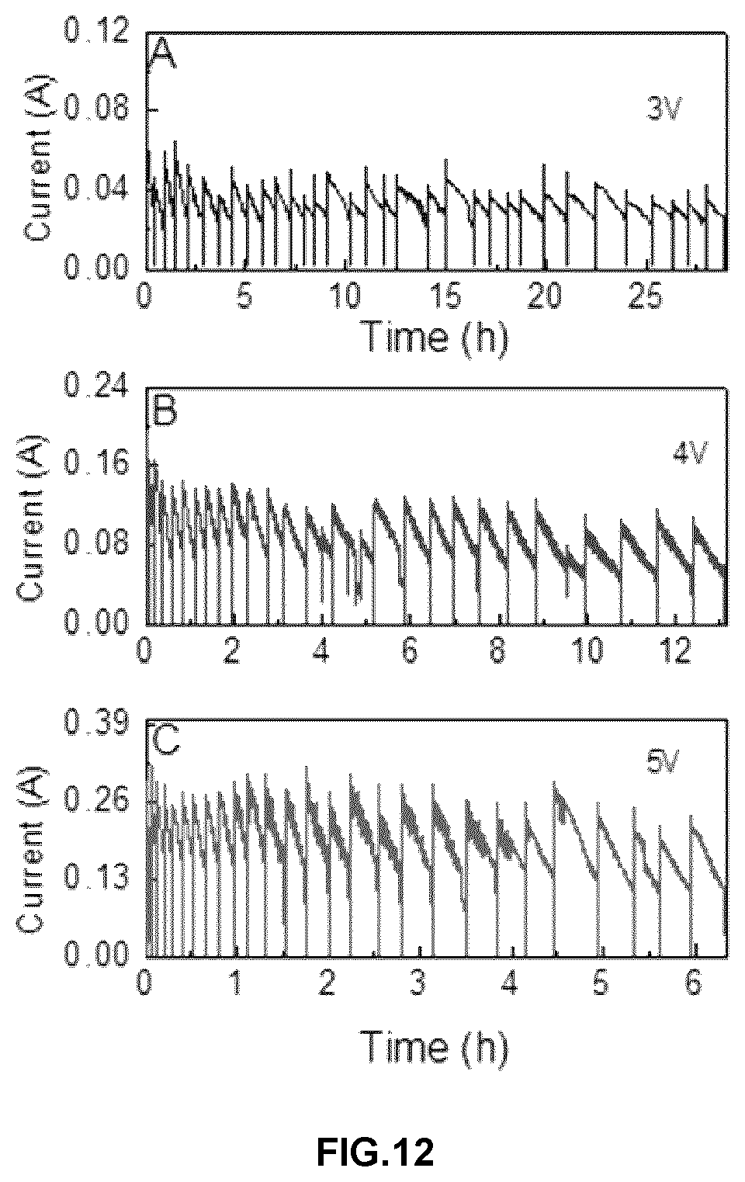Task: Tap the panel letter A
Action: click(163, 55)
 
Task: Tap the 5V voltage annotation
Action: click(664, 762)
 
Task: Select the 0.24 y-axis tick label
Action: click(96, 387)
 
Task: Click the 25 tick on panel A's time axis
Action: click(646, 296)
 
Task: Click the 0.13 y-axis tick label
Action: click(96, 876)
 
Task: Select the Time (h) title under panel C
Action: click(436, 1047)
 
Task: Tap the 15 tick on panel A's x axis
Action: click(446, 296)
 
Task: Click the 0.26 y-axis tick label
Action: click(96, 799)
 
